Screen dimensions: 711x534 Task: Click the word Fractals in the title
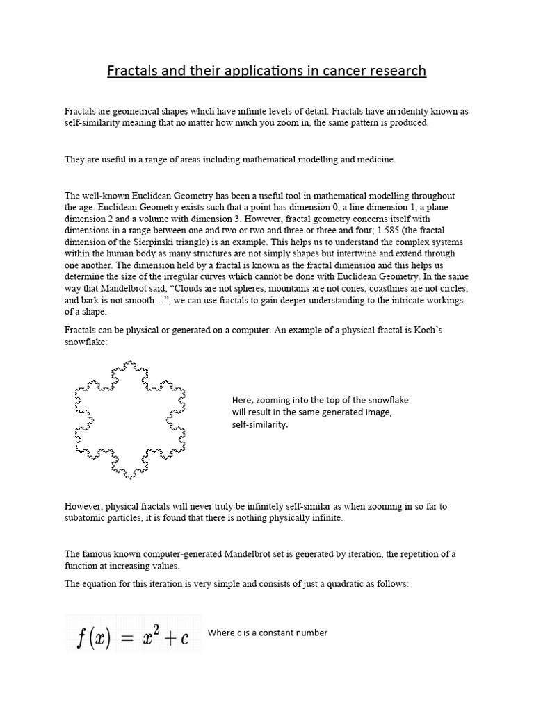(x=131, y=71)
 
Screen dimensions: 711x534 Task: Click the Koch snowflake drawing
(x=129, y=419)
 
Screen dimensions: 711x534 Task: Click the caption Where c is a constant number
(x=267, y=633)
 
